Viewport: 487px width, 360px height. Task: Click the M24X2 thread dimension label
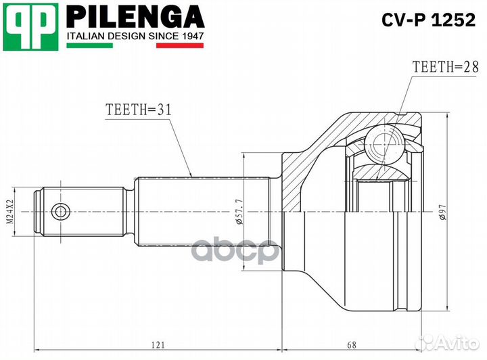(x=10, y=211)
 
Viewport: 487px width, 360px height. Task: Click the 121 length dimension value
(x=157, y=345)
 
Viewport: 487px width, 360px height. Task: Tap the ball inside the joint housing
(x=382, y=144)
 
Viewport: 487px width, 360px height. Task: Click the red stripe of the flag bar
(x=180, y=46)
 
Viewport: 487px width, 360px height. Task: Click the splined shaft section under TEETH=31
(x=203, y=211)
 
